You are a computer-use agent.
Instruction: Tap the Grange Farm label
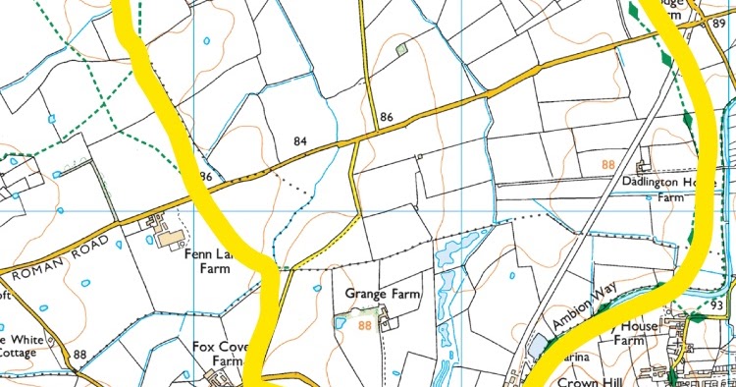(x=382, y=294)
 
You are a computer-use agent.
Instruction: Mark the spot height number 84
(x=300, y=142)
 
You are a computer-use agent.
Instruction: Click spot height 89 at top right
(x=720, y=23)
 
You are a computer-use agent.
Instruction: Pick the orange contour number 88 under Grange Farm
(x=366, y=325)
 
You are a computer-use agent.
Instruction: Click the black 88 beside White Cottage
(x=79, y=355)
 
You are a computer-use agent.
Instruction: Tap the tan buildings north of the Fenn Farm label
(x=168, y=236)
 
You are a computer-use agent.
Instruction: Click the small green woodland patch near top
(x=400, y=47)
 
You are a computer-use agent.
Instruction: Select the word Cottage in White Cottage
(x=17, y=352)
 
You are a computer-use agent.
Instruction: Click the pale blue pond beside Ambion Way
(x=537, y=345)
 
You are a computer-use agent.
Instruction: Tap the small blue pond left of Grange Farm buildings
(x=341, y=321)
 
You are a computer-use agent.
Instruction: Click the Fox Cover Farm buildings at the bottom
(x=211, y=377)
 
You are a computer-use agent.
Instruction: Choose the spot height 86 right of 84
(x=387, y=117)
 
